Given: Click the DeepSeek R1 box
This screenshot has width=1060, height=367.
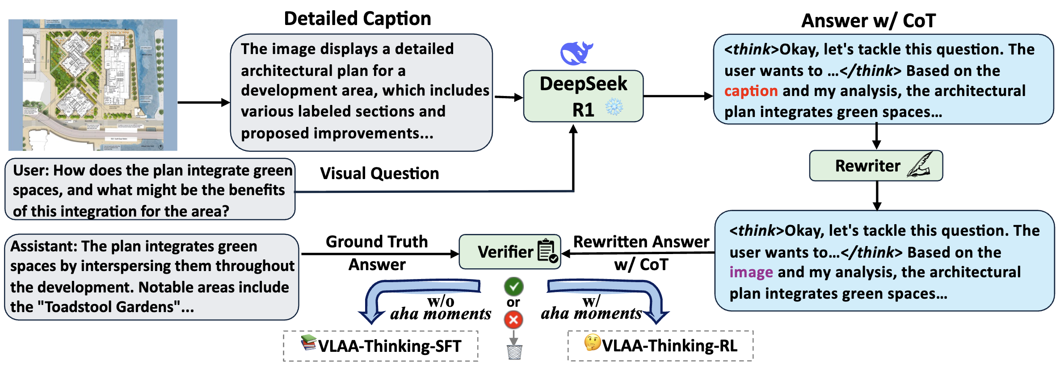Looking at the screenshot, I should click(583, 96).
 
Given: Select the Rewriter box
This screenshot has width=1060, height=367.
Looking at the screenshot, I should click(876, 166).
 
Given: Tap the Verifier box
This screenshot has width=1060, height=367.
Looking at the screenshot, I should click(510, 252).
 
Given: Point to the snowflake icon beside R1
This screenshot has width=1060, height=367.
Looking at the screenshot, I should click(614, 107).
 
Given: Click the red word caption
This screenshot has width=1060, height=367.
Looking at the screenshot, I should click(751, 91).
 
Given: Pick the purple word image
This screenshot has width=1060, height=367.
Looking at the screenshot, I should click(751, 272).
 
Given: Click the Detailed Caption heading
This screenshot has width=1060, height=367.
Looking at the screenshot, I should click(358, 19).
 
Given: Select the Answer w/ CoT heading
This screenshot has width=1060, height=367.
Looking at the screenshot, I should click(868, 21).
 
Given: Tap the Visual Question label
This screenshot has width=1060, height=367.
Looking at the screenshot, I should click(379, 173).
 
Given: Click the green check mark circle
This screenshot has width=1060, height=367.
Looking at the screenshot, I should click(513, 286).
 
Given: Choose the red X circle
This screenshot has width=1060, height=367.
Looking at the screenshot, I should click(513, 319).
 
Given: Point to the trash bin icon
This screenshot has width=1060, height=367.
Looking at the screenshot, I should click(514, 352).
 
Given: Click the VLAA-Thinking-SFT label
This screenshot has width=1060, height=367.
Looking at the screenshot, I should click(389, 346).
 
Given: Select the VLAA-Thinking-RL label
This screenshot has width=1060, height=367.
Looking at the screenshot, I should click(669, 346).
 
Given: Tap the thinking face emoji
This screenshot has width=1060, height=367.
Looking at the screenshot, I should click(592, 343).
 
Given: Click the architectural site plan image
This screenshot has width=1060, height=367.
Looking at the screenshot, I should click(93, 85).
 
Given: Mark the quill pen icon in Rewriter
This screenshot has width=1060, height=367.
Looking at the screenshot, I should click(920, 165).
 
